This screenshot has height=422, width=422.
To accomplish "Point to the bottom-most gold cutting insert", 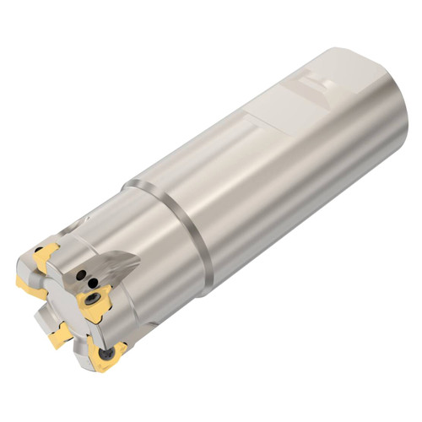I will pyautogui.click(x=105, y=354).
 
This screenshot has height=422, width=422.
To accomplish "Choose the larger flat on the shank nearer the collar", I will pyautogui.click(x=279, y=118).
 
